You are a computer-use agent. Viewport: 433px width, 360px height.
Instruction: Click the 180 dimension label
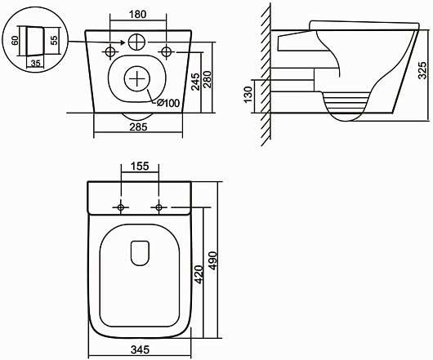point(138,15)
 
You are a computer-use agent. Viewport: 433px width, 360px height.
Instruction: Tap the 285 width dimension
point(138,127)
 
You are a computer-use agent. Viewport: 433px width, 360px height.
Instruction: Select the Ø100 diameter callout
point(168,103)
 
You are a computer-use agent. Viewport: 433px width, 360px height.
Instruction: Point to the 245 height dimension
point(195,82)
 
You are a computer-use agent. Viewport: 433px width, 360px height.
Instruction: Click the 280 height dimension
point(208,80)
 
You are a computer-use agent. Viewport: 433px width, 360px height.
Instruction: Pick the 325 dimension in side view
point(422,71)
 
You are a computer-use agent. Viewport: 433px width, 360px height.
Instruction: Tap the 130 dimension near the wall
point(248,95)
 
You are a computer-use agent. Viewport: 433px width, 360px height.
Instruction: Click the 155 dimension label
point(140,166)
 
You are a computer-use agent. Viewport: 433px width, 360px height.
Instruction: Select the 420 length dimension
point(199,275)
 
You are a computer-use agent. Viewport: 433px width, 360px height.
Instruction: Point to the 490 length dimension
point(213,261)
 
